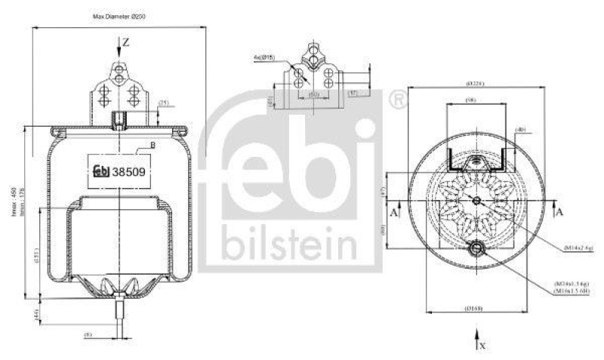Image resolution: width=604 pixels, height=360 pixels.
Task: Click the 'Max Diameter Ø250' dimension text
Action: click(119, 16)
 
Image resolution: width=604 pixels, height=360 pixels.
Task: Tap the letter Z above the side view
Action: click(126, 43)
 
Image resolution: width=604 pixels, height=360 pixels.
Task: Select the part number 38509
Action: click(128, 170)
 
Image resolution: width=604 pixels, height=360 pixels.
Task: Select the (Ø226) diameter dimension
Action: click(475, 83)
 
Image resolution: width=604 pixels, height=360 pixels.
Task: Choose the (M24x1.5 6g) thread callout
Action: click(574, 284)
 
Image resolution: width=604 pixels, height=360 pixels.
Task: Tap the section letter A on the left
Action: click(394, 213)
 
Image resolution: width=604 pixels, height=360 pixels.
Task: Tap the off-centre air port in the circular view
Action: click(476, 249)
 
